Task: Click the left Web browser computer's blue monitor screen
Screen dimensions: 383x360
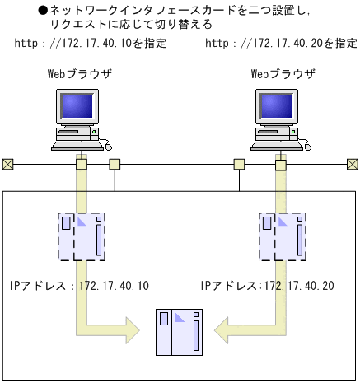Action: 79,107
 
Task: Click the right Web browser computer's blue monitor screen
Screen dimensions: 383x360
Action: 279,107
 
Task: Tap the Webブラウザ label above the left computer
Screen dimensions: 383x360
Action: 80,75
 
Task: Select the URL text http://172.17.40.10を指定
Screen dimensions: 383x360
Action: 91,42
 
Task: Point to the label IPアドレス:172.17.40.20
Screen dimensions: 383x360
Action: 267,286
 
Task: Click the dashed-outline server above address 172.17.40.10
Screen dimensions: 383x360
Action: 82,236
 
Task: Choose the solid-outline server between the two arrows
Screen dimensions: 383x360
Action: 180,331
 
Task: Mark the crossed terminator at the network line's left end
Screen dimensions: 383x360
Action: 8,163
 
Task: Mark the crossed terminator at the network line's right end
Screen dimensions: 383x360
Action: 352,163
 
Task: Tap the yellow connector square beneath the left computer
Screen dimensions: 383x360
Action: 81,164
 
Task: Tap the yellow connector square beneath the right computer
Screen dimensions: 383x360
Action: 281,164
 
